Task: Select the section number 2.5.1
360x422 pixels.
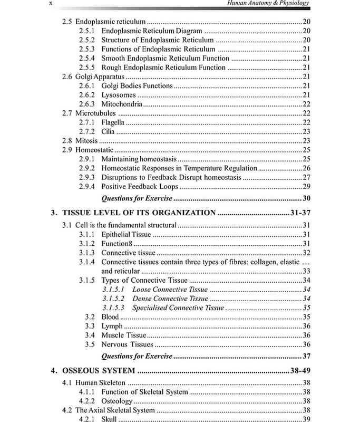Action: click(x=86, y=31)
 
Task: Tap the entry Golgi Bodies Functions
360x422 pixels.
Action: click(x=137, y=85)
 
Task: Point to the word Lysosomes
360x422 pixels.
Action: click(x=119, y=95)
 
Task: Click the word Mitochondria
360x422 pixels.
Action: click(x=122, y=104)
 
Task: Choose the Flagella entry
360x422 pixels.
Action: click(x=113, y=122)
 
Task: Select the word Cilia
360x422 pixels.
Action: click(x=108, y=131)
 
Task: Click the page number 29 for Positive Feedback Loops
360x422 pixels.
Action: click(x=306, y=187)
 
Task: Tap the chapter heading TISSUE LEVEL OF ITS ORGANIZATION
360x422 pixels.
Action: click(x=139, y=213)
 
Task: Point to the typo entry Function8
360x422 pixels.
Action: click(x=116, y=243)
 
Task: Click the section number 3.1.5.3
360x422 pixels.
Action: click(x=113, y=308)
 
